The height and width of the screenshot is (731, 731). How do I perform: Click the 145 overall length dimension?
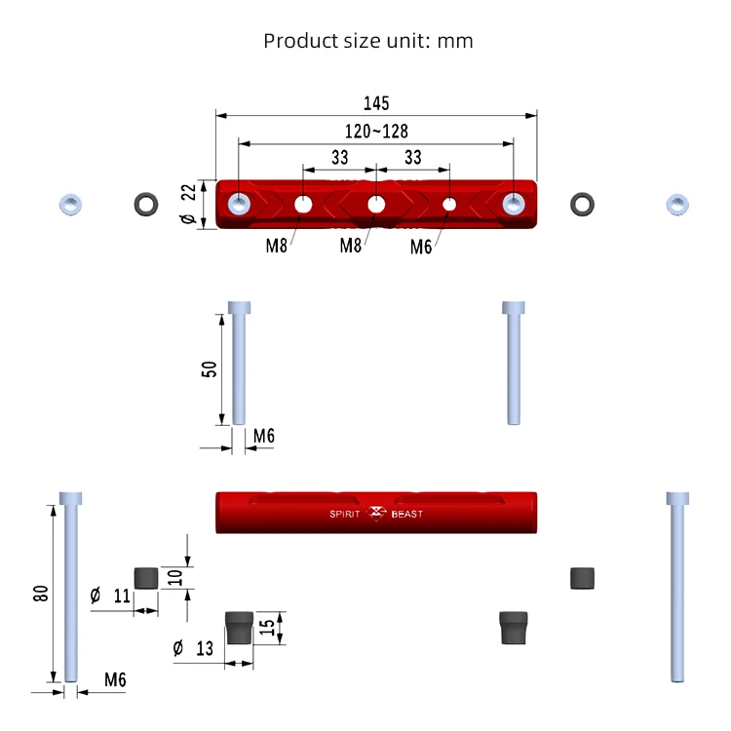(376, 103)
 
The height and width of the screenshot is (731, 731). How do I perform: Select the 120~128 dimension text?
(376, 132)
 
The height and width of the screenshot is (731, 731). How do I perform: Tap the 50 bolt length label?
(210, 369)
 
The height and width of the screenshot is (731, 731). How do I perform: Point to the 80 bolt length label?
(41, 594)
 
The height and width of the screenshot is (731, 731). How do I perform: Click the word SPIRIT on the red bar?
(344, 515)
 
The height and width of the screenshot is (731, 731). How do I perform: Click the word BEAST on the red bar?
(407, 515)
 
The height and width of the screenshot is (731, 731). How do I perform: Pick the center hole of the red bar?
(376, 205)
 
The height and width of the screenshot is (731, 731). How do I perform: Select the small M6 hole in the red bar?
(449, 205)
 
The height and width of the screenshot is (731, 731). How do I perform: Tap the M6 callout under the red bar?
(420, 248)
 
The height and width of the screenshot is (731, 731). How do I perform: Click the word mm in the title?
(455, 41)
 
